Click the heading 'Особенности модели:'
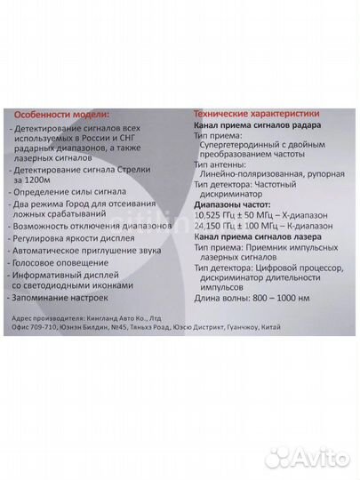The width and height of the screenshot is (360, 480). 61,116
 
